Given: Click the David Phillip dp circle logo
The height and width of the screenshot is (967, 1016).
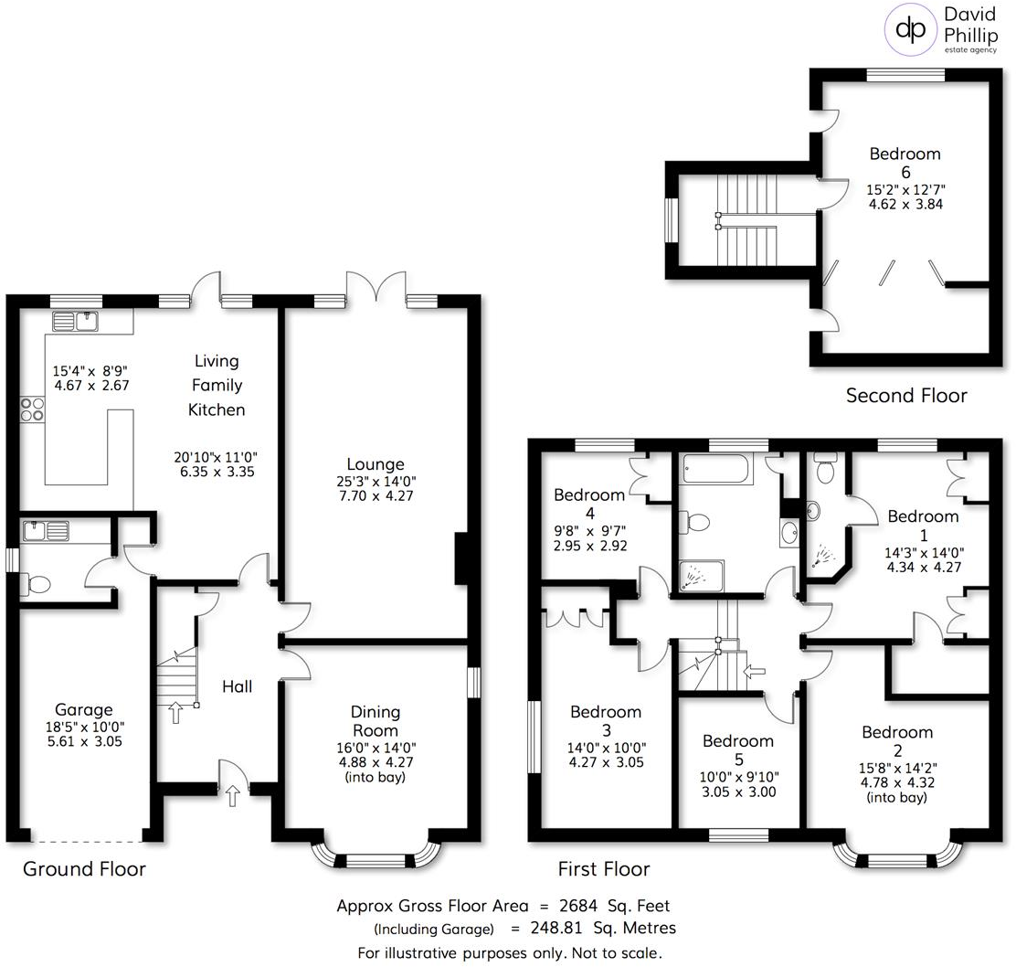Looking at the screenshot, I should click(x=910, y=27).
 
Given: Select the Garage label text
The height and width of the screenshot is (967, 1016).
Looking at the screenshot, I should click(x=83, y=709).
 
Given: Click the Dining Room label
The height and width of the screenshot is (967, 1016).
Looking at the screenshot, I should click(x=376, y=721).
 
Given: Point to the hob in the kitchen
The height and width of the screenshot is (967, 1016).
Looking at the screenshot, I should click(x=32, y=409).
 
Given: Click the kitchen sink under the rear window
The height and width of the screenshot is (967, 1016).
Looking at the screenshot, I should click(x=76, y=321).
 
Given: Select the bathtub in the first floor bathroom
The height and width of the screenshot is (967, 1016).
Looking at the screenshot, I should click(x=715, y=469).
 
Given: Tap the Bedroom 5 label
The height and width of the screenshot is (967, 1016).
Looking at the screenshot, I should click(x=738, y=749).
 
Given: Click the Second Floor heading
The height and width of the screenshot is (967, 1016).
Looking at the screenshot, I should click(x=905, y=395).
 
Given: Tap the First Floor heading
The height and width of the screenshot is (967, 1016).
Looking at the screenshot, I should click(x=604, y=868).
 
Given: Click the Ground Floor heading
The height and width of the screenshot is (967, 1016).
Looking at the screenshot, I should click(x=84, y=868).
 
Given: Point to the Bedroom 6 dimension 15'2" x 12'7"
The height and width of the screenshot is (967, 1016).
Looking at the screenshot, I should click(x=905, y=189).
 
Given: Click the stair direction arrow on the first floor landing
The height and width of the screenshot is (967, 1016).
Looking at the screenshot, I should click(x=756, y=673).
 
